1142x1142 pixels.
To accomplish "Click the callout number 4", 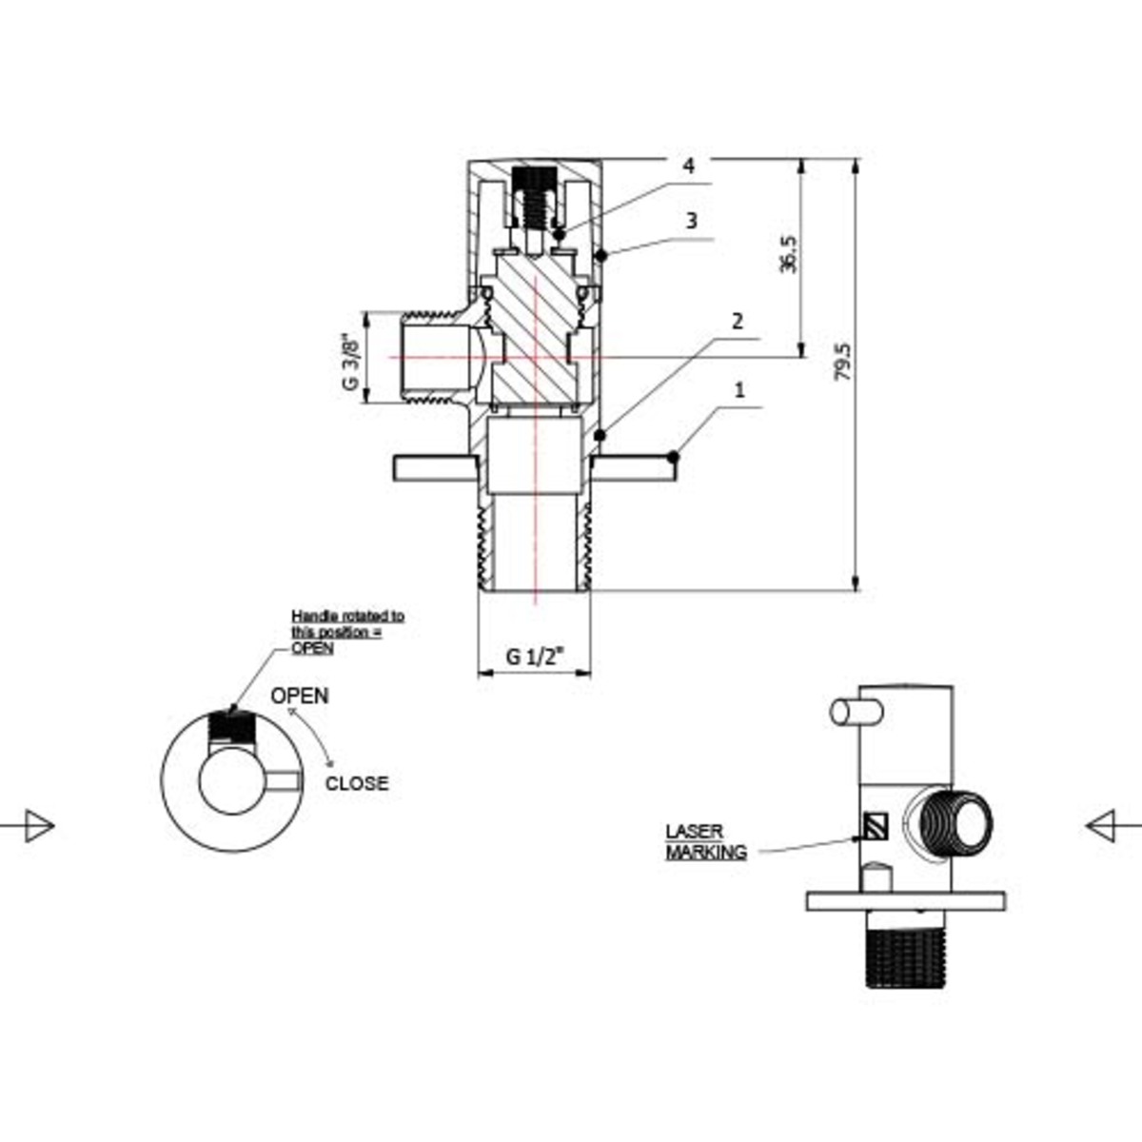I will pyautogui.click(x=688, y=166).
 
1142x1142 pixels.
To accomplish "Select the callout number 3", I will pyautogui.click(x=692, y=221).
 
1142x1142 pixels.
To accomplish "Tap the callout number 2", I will pyautogui.click(x=737, y=321).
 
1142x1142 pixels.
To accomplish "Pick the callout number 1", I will pyautogui.click(x=740, y=390).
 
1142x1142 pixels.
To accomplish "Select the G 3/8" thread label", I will pyautogui.click(x=351, y=360).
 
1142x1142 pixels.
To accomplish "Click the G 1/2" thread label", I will pyautogui.click(x=535, y=656).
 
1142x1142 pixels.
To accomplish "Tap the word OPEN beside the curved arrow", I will pyautogui.click(x=300, y=696).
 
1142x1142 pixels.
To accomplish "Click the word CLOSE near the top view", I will pyautogui.click(x=357, y=783).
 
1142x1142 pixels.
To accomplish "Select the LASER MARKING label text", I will pyautogui.click(x=705, y=841).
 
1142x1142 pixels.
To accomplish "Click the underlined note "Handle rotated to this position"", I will pyautogui.click(x=346, y=631).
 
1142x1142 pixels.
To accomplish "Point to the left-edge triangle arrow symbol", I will pyautogui.click(x=36, y=824).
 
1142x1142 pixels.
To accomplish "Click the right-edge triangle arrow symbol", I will pyautogui.click(x=1104, y=824).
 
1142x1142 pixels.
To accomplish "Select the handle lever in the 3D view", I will pyautogui.click(x=856, y=712).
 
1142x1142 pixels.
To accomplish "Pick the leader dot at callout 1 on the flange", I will pyautogui.click(x=673, y=458).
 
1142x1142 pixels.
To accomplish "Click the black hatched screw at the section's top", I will pyautogui.click(x=533, y=180).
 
